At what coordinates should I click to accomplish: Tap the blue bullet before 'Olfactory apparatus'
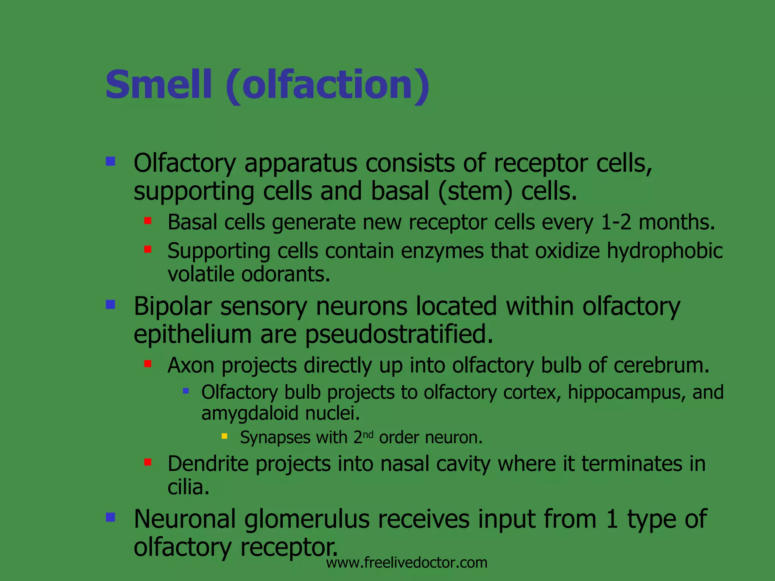[x=110, y=162]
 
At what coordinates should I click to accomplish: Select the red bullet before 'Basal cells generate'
[x=148, y=221]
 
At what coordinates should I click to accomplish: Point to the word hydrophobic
[x=665, y=251]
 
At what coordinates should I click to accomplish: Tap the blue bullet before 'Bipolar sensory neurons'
[x=110, y=304]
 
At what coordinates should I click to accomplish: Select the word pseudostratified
[x=399, y=335]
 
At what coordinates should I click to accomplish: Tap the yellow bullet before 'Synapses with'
[x=224, y=436]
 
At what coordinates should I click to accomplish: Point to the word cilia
[x=188, y=487]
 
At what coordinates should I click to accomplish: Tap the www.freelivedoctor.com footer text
[x=406, y=563]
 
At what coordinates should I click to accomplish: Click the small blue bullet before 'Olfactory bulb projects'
[x=186, y=391]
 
